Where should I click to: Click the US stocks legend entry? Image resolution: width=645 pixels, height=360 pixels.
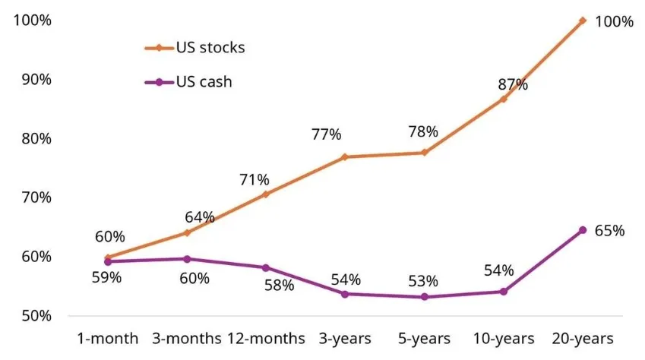coord(195,48)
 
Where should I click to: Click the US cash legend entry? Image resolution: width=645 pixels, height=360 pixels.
coord(188,82)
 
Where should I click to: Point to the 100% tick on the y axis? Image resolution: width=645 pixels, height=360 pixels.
coord(33,21)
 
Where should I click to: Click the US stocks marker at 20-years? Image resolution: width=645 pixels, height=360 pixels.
coord(583,21)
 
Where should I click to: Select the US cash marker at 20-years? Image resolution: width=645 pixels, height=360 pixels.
coord(583,230)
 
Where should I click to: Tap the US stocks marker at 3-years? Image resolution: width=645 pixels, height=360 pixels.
coord(345,157)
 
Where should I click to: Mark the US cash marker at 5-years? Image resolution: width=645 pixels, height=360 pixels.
coord(425,297)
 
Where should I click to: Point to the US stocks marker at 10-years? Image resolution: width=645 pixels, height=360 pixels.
coord(504,99)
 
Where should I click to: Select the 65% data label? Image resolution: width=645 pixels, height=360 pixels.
coord(610,231)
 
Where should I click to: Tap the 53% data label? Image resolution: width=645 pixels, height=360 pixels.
coord(422,282)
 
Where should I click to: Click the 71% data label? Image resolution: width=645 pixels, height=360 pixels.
coord(254,180)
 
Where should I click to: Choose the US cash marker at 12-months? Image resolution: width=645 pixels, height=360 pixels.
coord(266,267)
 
